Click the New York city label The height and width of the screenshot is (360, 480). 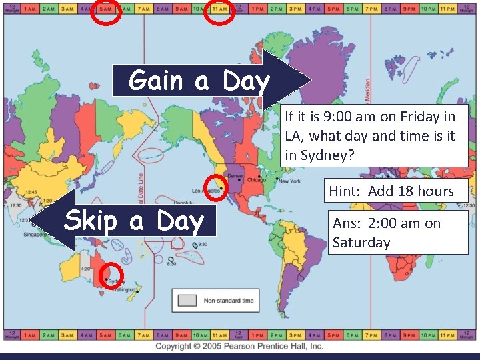(x=289, y=181)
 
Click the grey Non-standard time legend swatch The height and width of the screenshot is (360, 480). (x=187, y=301)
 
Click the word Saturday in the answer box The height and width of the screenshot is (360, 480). (x=361, y=242)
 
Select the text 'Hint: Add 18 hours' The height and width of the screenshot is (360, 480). (x=391, y=191)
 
